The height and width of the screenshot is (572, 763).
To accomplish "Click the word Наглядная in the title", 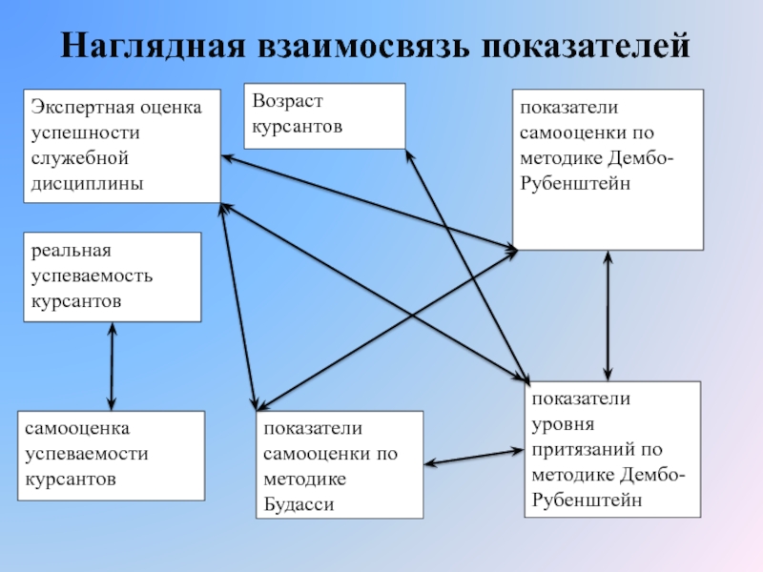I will (155, 46).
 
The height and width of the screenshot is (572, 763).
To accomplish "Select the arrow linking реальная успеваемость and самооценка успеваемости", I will (113, 366).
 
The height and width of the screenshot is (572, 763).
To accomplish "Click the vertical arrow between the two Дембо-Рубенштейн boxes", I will (608, 315).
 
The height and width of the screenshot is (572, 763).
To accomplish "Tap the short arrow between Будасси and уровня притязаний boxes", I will (474, 457).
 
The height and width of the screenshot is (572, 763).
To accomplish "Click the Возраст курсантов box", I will (324, 115).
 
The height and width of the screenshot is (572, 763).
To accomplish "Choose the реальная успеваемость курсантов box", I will (113, 276).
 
